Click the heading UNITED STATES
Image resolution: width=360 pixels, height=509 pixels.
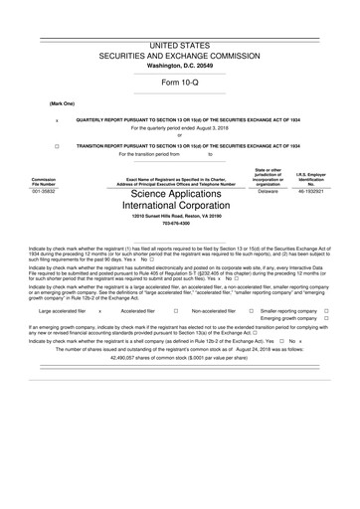[180, 47]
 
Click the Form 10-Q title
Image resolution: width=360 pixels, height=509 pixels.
[180, 82]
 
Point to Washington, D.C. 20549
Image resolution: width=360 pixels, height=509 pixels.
[180, 65]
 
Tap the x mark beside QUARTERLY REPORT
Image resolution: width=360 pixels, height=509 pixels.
[57, 119]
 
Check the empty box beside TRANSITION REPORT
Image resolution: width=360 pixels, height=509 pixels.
[57, 145]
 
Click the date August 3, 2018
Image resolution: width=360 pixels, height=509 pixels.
[204, 128]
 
